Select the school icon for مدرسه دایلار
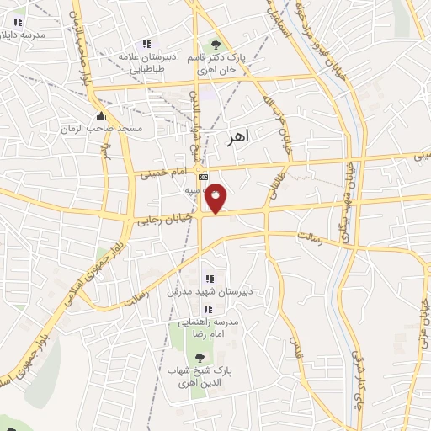click(19, 22)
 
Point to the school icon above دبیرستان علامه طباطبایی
click(147, 44)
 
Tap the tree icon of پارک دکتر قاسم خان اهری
click(216, 44)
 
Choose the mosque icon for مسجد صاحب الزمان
click(102, 116)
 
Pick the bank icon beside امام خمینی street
click(203, 178)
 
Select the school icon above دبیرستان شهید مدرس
click(209, 279)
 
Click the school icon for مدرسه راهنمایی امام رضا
click(208, 308)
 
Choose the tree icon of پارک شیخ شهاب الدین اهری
click(199, 358)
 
